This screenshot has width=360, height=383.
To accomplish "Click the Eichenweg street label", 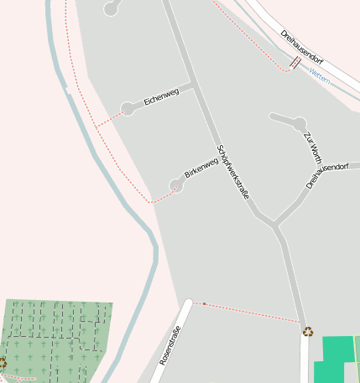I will (x=161, y=97).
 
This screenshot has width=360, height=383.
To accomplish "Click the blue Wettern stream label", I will (x=320, y=75).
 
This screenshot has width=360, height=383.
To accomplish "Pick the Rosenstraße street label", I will (x=170, y=344).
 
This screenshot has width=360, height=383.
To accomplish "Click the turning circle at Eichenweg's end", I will (x=128, y=108).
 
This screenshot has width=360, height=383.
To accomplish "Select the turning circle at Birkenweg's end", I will (x=176, y=184).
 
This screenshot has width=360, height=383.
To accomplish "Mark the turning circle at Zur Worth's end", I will (x=299, y=124).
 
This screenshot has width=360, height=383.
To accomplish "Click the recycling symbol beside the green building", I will (x=308, y=331).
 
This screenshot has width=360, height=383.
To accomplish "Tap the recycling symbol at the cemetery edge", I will (x=3, y=363).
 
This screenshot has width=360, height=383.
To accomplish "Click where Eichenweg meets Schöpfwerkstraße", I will (x=194, y=85).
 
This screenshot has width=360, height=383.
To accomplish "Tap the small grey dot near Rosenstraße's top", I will (x=204, y=303).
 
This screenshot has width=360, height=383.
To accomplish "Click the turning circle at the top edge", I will (x=111, y=8).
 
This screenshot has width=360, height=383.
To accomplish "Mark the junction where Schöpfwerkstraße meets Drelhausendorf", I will (x=274, y=225).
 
